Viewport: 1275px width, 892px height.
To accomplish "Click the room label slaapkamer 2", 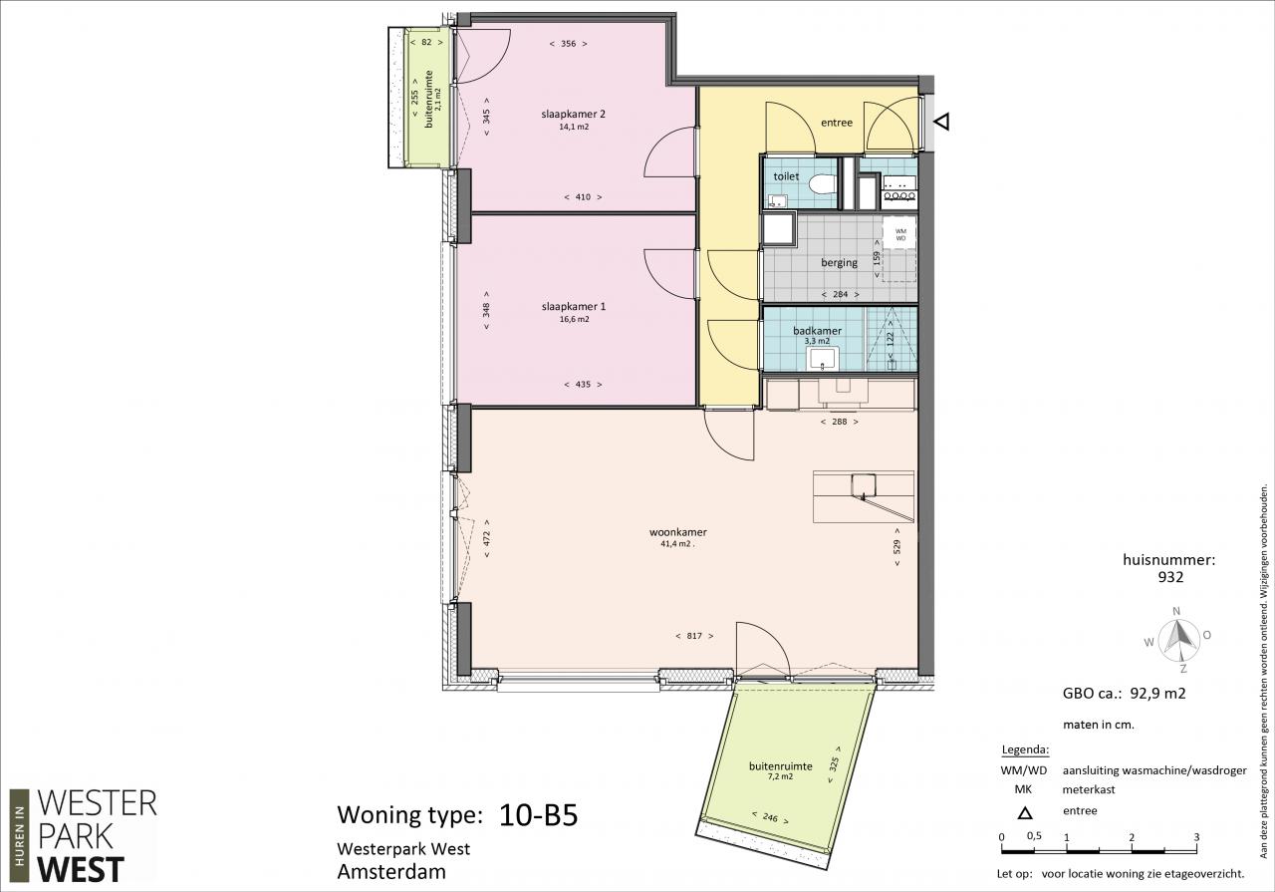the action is coord(573,114).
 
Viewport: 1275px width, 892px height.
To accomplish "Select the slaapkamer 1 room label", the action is coord(573,306).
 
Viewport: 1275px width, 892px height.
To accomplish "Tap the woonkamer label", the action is coord(678,532).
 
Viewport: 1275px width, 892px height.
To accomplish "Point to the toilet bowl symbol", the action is coord(823,184).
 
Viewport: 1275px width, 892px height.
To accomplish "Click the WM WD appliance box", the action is coord(899,234).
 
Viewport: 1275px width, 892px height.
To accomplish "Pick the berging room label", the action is coord(839,262).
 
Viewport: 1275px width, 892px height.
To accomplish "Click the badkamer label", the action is coord(817,330).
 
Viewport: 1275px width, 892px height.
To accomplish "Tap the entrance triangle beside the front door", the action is coord(942,122).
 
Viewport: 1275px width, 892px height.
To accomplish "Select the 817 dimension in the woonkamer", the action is coord(694,636).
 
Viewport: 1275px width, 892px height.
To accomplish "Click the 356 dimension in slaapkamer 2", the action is coord(568,43).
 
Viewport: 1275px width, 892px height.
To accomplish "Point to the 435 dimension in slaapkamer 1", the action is coord(583,385).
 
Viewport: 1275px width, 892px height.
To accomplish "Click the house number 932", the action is coord(1170,577).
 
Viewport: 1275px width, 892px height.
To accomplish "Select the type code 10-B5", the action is coord(538,815).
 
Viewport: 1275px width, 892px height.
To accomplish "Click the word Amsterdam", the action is coord(391,872).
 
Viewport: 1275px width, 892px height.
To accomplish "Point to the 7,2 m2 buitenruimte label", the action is coord(779,777).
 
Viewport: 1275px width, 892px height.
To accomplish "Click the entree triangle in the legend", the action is coord(1025,813).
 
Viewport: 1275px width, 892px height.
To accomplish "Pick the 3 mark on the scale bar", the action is coord(1196,837).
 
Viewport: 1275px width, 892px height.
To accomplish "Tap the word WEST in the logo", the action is coord(81,870).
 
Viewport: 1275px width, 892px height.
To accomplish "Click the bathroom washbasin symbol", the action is coord(822,360).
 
